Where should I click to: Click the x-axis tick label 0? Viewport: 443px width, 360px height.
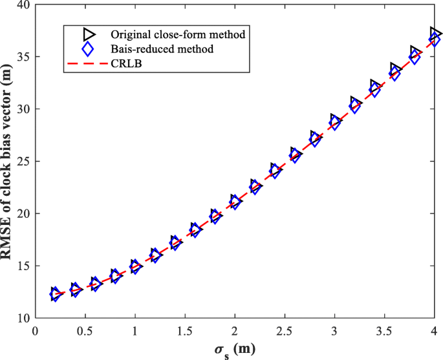coord(36,331)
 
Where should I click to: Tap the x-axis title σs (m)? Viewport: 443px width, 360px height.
coord(235,350)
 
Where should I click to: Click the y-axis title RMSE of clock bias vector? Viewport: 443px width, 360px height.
coord(8,162)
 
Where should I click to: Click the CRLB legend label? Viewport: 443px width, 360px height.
coord(125,64)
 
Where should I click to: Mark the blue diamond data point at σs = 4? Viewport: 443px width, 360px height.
coord(435,40)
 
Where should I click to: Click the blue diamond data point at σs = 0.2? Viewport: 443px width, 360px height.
coord(56,295)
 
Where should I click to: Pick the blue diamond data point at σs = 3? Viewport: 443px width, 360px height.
coord(335,123)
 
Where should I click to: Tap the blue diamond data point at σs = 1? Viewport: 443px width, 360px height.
coord(135,267)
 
